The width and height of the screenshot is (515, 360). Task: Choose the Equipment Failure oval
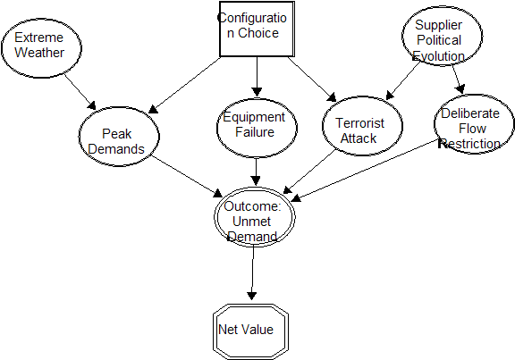(254, 125)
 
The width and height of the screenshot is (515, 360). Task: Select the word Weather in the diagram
(38, 53)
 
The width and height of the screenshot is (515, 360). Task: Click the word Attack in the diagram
(359, 138)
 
